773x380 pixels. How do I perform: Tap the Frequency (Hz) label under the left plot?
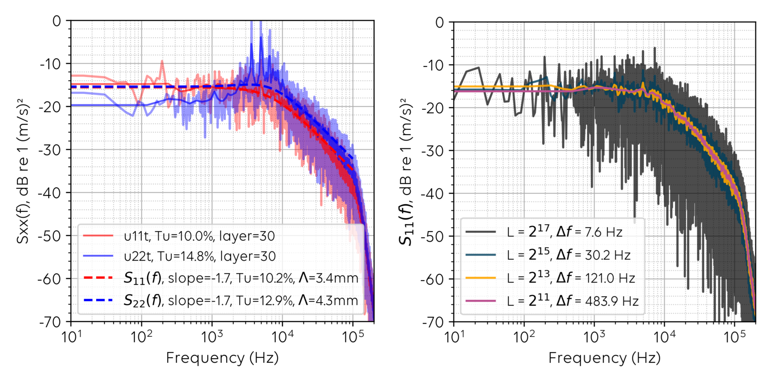click(222, 358)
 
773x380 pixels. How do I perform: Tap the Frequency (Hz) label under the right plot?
click(604, 358)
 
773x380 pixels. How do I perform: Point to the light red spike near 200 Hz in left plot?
click(162, 62)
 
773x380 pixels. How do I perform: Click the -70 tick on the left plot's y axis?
click(50, 322)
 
